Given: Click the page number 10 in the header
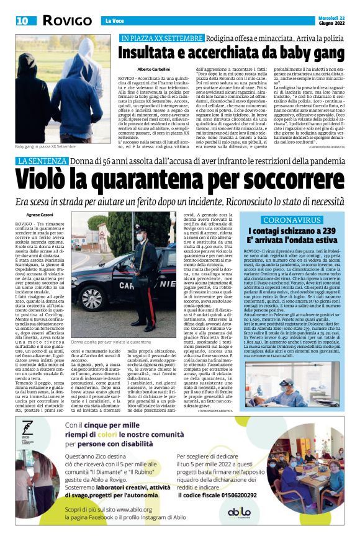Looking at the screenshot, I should (22, 20).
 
